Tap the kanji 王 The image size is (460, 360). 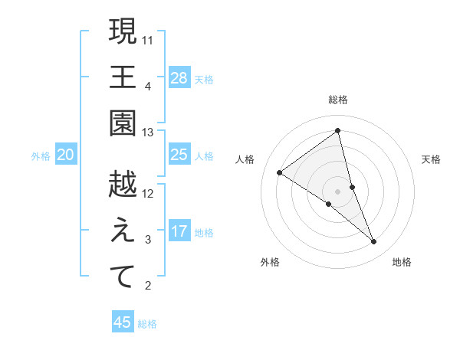[123, 77]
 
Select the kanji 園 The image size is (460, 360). [123, 123]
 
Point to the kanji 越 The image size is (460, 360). [123, 185]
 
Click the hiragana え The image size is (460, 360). [123, 231]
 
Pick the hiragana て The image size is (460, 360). [123, 277]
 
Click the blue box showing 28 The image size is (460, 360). [179, 78]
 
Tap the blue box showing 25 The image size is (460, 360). [179, 155]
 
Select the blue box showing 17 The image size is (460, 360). [179, 231]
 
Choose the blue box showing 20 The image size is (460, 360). [65, 155]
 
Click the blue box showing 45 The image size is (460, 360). [123, 322]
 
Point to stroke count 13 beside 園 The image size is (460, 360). [148, 133]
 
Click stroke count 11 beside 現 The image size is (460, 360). [148, 38]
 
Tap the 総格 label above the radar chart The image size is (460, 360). [338, 100]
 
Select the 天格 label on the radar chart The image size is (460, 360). [432, 159]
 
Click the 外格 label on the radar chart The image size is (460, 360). [269, 262]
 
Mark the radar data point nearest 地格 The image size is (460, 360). [374, 242]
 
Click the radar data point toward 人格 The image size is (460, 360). [280, 172]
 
